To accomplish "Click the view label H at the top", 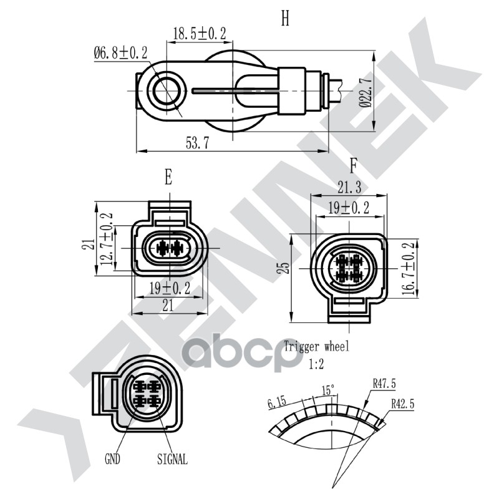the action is [x=285, y=19].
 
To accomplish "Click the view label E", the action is [x=168, y=178].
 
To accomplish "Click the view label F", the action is [x=353, y=167].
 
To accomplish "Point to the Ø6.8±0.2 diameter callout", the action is [x=120, y=53].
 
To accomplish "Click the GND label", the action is [x=112, y=460].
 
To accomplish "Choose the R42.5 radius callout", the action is [x=402, y=404].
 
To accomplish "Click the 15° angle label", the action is [x=328, y=390].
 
